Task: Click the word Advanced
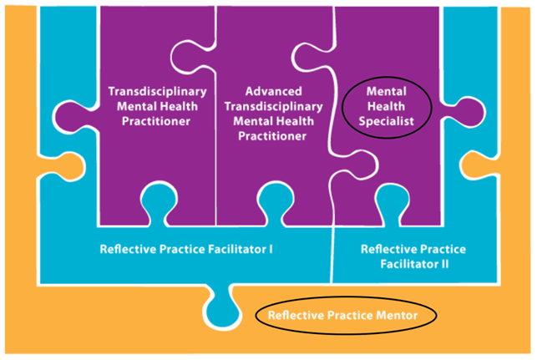274,91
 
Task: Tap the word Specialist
387,122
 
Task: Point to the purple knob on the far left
73,117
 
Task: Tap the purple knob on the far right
465,113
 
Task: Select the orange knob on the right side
479,165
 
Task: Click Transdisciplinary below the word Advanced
274,107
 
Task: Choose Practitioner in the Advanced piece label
272,136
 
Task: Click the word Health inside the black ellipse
387,107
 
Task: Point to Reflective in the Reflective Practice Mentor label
296,315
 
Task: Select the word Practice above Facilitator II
443,250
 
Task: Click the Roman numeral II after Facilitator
443,265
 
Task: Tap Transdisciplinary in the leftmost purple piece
158,91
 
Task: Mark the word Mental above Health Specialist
387,91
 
